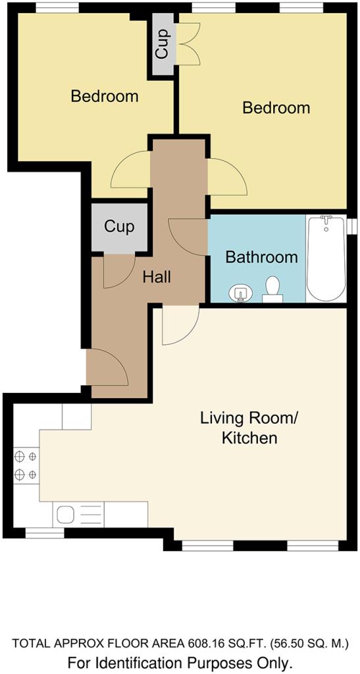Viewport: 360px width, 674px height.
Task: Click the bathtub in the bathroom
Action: click(326, 258)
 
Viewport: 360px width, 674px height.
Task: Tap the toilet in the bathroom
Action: click(272, 290)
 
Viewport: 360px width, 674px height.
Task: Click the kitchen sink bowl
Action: click(66, 513)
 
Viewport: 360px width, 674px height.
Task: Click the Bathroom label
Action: click(262, 257)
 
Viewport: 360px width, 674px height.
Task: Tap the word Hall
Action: click(157, 277)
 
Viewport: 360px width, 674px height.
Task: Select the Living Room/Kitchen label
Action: click(249, 428)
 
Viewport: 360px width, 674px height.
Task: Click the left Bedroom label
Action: click(105, 95)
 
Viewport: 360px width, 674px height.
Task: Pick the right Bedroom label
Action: click(276, 107)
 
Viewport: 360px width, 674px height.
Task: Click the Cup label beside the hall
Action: click(119, 226)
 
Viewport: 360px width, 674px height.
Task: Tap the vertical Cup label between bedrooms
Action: click(161, 45)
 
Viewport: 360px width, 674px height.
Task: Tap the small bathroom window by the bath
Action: click(352, 226)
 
